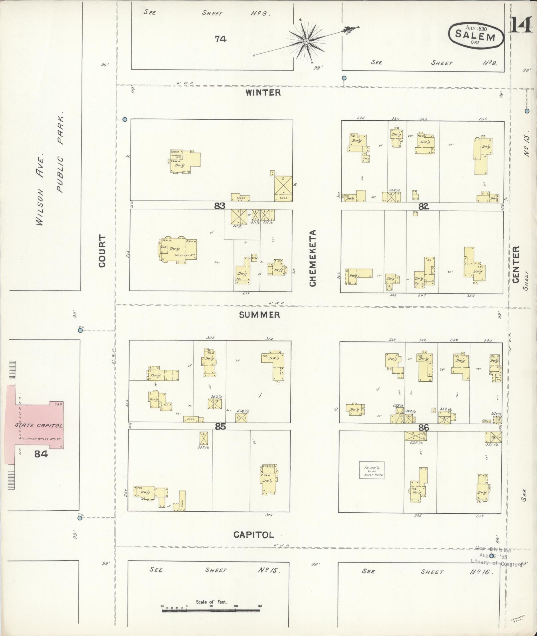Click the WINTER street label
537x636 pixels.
tap(263, 92)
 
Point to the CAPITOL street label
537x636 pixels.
tap(254, 535)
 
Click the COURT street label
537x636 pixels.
tap(102, 251)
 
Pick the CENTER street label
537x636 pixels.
tap(516, 265)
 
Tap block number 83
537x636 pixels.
tap(220, 205)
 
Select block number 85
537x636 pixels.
tap(220, 427)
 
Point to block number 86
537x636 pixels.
tap(423, 428)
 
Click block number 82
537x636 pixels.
tap(423, 206)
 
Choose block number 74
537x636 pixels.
tap(220, 39)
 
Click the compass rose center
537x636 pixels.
tap(306, 41)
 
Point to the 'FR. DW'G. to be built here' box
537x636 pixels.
tap(372, 470)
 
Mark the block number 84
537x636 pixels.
tap(41, 453)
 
